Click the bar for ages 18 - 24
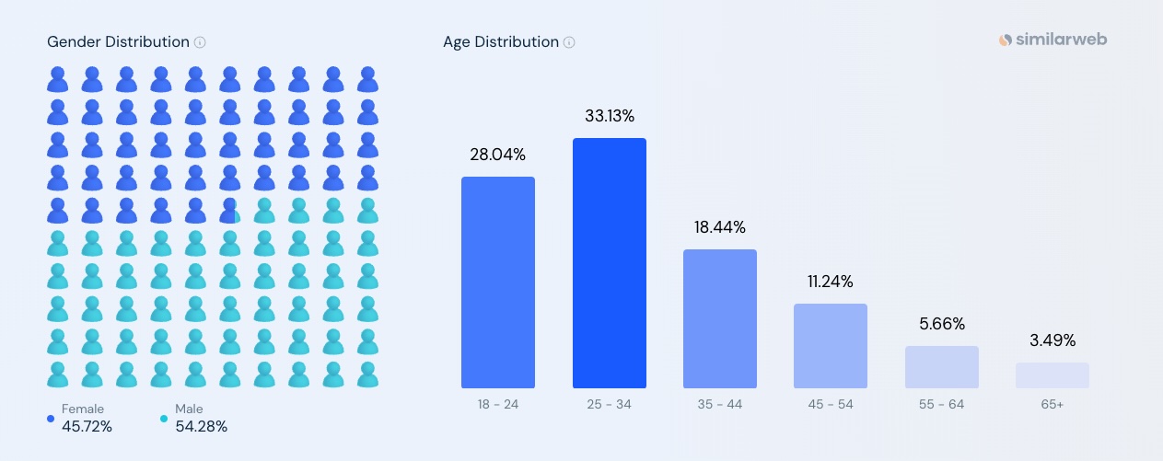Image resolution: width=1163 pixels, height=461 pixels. (x=498, y=282)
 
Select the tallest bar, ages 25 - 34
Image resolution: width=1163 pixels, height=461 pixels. (x=609, y=263)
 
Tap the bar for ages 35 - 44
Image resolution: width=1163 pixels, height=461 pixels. (x=719, y=318)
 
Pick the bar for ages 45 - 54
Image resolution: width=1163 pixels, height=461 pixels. (x=830, y=346)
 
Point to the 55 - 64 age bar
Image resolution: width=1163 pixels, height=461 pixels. (x=941, y=367)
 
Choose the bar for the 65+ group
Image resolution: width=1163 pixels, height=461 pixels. (x=1052, y=375)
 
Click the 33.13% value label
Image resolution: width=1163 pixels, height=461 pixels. (x=609, y=116)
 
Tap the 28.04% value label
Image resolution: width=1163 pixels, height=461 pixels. (x=498, y=155)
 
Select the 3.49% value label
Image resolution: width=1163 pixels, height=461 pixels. (x=1052, y=340)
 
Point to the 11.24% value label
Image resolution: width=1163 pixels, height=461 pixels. (x=830, y=282)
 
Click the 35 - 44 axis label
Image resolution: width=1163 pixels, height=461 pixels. (x=719, y=404)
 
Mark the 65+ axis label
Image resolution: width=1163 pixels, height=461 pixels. (x=1052, y=404)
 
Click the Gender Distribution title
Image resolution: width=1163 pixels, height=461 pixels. (x=118, y=42)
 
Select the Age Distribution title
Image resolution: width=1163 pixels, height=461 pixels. (x=500, y=42)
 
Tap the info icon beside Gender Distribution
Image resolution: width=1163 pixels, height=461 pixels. (x=200, y=42)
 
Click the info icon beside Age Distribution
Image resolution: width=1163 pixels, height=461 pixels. (x=569, y=42)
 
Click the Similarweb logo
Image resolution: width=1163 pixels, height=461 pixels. (x=1053, y=40)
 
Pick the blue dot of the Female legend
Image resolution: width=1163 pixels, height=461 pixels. (x=51, y=419)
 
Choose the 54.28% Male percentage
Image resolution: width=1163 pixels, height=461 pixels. (x=201, y=426)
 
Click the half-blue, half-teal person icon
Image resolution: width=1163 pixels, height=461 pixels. (x=229, y=211)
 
